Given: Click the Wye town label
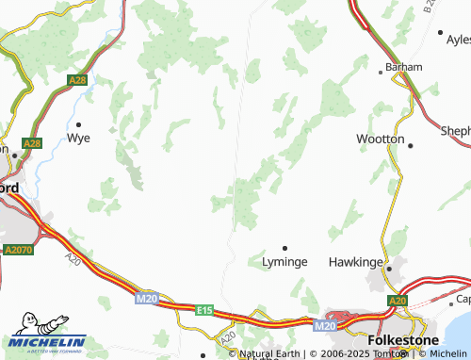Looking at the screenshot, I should (x=79, y=139).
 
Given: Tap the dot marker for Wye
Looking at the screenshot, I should (x=79, y=123).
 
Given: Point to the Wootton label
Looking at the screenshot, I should (x=380, y=139).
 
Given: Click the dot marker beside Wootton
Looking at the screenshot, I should (x=411, y=143).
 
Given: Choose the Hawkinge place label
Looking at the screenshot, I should (x=355, y=261).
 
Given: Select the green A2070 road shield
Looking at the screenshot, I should (x=17, y=251).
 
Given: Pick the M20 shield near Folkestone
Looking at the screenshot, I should (x=324, y=326).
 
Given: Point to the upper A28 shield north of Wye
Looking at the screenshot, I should (x=77, y=83).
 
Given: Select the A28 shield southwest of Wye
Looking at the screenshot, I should (x=33, y=144).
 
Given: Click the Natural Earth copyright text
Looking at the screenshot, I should (x=271, y=353).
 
